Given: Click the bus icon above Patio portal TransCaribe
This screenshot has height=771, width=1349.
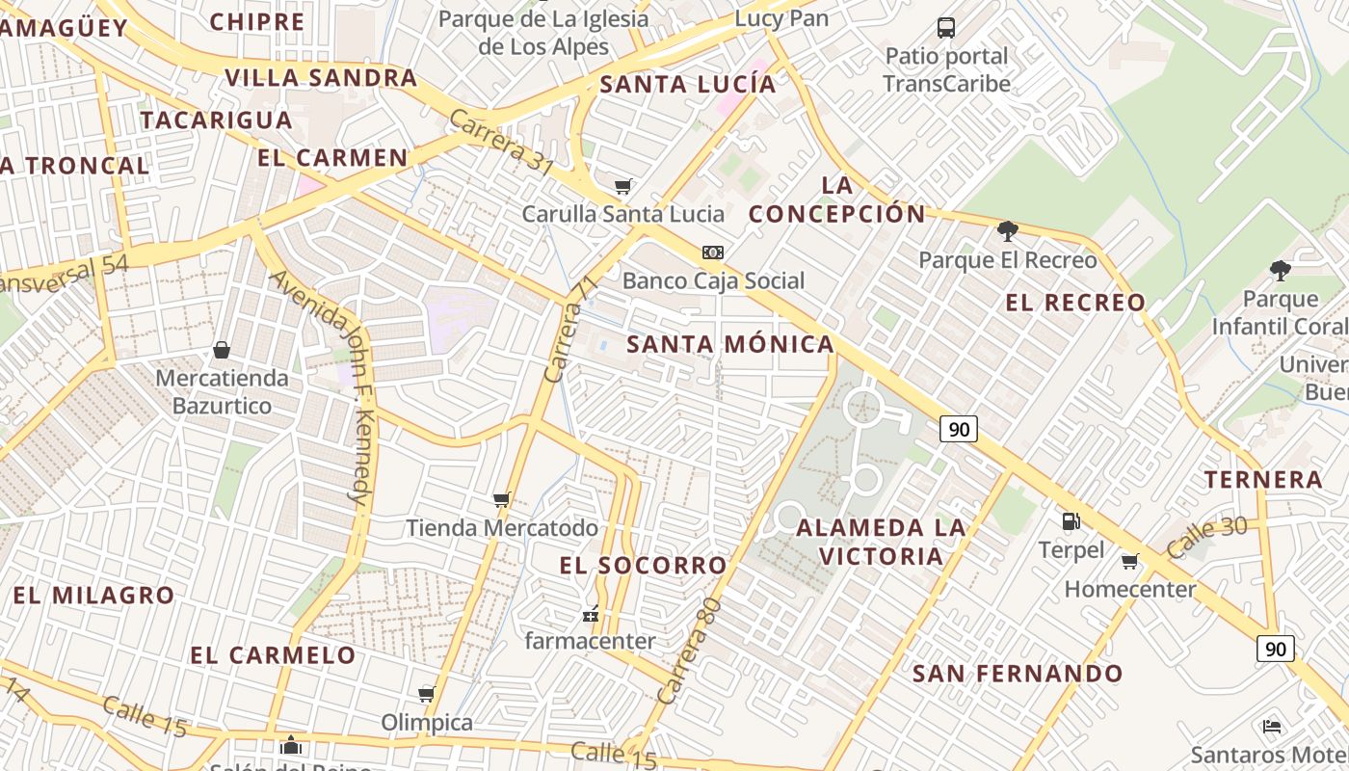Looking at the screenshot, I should [x=946, y=27].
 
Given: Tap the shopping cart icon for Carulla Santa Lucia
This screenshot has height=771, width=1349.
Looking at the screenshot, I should [x=623, y=185].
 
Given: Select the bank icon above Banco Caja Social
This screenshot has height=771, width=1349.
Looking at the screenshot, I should [x=713, y=253].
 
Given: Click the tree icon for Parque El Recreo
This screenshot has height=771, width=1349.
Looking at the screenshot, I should [x=1008, y=230].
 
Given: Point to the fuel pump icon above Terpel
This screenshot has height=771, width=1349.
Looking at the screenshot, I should [x=1071, y=521].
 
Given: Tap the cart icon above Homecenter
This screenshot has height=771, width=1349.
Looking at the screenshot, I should [x=1130, y=561].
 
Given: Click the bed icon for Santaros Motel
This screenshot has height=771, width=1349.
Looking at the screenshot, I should [x=1272, y=726].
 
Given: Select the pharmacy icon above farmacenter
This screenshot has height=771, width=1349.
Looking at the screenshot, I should [x=591, y=613].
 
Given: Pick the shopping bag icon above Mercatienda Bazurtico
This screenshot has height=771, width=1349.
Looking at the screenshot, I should [x=222, y=349].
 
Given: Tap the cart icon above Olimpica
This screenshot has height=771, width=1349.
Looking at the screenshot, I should [x=427, y=694].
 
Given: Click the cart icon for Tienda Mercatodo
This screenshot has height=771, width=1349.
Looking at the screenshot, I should [x=501, y=499].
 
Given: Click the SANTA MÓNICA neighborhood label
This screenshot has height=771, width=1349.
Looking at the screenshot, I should [x=730, y=344].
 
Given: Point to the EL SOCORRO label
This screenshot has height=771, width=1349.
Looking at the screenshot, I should [x=643, y=566].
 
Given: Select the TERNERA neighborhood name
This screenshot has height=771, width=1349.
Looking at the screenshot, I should [x=1263, y=479].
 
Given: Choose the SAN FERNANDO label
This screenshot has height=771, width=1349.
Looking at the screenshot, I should [x=1018, y=673].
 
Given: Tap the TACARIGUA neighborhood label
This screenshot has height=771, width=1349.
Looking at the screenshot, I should [x=216, y=120].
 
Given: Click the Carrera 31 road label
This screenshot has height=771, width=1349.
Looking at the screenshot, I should [x=501, y=144].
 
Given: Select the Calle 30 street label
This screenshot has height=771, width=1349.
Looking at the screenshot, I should [x=1206, y=537].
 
